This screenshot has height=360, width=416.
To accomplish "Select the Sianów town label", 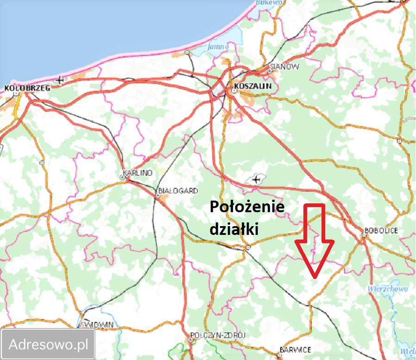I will click(x=285, y=67).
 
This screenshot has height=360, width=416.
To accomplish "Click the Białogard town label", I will click(x=178, y=191).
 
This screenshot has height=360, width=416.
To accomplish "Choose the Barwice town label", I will click(x=296, y=350).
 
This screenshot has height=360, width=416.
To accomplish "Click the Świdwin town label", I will click(x=97, y=325).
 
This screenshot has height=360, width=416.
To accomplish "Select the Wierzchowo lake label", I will click(x=388, y=289).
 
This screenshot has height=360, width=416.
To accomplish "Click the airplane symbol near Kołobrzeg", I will click(x=59, y=80).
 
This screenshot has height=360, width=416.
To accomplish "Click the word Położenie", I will click(x=247, y=207).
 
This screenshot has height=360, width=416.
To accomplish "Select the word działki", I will click(x=233, y=228).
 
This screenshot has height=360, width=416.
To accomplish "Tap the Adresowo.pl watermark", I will click(x=48, y=344).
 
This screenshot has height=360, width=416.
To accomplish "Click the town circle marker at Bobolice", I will click(x=364, y=236).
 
